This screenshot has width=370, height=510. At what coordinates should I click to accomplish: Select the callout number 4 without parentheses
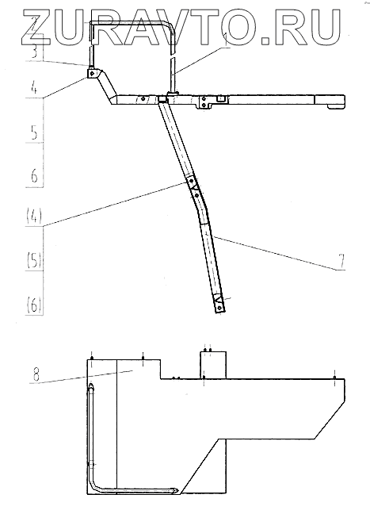coord(35,86)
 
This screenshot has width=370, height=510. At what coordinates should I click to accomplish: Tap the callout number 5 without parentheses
coord(35,132)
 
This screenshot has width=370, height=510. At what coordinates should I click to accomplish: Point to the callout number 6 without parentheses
coord(34,176)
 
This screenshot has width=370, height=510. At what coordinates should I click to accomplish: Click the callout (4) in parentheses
coord(34,216)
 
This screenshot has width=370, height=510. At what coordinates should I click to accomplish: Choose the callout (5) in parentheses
coord(34,260)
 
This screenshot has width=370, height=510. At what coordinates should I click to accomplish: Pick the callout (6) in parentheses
coord(34,305)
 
